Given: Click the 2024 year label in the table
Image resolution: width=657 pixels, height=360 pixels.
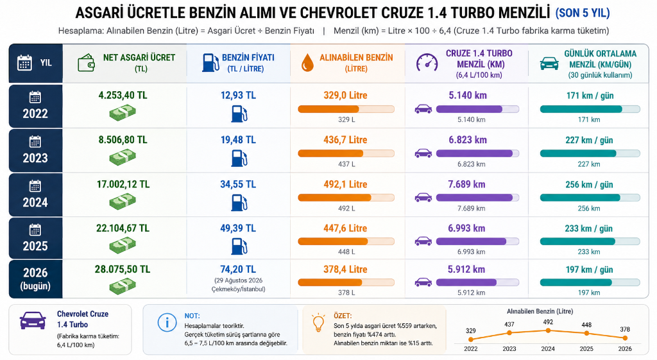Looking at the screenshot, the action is (x=35, y=202).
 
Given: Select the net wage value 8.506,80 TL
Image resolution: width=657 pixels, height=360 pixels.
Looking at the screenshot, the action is (x=123, y=139).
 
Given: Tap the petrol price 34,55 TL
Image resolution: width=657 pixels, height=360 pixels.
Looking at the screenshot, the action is (x=238, y=184).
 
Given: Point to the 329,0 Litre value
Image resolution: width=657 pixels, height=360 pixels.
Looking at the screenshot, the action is (x=345, y=95).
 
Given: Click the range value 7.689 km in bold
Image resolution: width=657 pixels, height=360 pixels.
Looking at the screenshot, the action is (x=466, y=184).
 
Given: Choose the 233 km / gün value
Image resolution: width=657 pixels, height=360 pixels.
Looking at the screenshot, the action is (x=589, y=228).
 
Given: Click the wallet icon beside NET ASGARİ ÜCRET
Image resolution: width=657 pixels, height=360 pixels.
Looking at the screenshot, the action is (x=87, y=63).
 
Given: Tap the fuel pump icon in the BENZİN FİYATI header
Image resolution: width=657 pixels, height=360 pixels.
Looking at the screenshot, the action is (x=210, y=62).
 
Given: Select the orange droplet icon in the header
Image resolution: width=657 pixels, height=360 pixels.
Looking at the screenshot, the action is (x=307, y=62).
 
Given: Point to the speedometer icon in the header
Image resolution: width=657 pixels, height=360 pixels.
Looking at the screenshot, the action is (x=427, y=62).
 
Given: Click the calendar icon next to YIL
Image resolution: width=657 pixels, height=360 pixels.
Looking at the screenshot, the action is (x=24, y=63).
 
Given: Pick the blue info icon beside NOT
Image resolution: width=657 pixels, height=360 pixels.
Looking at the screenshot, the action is (x=167, y=323).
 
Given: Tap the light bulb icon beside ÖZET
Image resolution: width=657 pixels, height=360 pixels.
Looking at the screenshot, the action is (x=318, y=323).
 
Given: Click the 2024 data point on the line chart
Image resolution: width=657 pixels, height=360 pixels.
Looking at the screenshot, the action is (x=548, y=330).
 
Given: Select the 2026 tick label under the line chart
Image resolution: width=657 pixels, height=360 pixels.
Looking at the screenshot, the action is (x=625, y=348).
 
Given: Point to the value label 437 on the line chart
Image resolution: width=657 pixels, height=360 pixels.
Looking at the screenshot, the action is (x=509, y=324).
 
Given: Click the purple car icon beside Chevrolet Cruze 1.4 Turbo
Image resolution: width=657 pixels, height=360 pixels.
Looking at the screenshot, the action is (x=33, y=320).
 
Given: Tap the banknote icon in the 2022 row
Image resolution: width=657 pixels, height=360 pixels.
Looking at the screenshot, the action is (x=123, y=113).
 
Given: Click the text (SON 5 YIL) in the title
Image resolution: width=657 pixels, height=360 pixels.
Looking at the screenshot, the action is (x=583, y=13).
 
